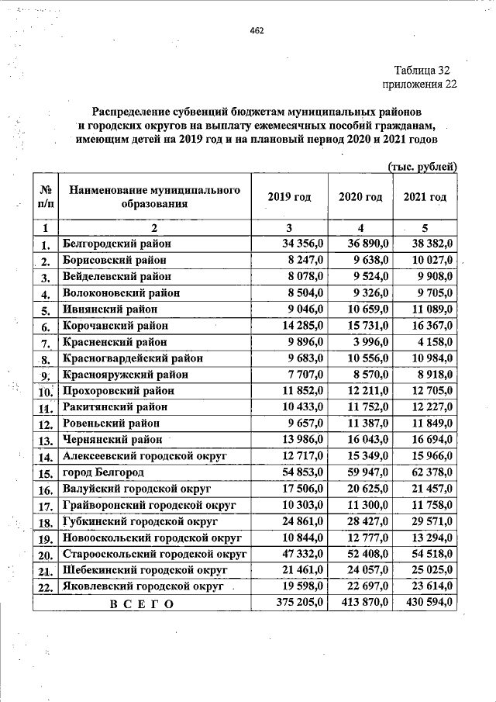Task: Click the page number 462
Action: (x=257, y=31)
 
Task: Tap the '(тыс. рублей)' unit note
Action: (x=422, y=166)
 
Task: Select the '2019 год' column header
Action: (x=289, y=197)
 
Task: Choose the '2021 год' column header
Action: (x=425, y=197)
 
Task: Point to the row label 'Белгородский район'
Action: (x=115, y=244)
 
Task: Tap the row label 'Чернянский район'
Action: (x=112, y=439)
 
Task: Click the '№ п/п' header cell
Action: (x=46, y=197)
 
